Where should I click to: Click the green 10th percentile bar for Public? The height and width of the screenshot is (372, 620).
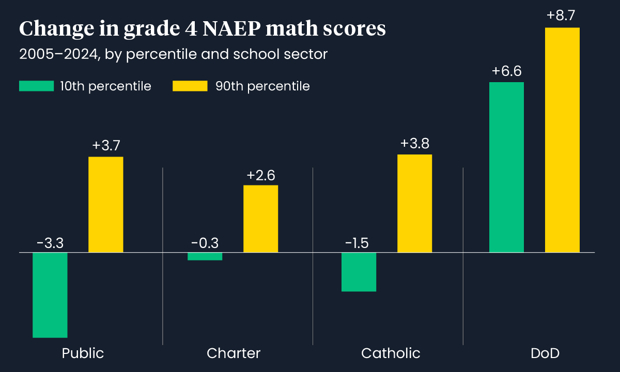[x=50, y=295]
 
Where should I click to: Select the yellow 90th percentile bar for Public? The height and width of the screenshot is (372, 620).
[x=106, y=205]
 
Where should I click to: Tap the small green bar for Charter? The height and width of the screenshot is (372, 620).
[x=205, y=256]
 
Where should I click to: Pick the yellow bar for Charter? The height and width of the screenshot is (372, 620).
[x=260, y=219]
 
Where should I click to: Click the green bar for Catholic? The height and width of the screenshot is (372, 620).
[x=359, y=272]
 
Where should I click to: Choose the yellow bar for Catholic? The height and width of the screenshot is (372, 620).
[x=414, y=203]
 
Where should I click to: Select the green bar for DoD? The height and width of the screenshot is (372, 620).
[x=506, y=167]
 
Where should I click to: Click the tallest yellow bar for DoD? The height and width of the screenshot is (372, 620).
[x=562, y=140]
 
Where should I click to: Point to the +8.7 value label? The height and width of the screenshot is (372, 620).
[x=562, y=16]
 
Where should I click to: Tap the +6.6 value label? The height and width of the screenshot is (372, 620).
[x=506, y=71]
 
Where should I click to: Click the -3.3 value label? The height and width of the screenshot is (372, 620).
[x=50, y=243]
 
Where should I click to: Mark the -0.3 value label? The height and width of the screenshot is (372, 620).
[x=205, y=243]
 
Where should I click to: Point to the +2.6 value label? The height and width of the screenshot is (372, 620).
[x=260, y=176]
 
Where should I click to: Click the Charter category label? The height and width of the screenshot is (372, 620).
[x=234, y=353]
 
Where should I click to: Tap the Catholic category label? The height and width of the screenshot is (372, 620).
[x=391, y=353]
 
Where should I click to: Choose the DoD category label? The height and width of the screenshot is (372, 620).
[x=545, y=353]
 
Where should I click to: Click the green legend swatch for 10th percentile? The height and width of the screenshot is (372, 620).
[x=36, y=86]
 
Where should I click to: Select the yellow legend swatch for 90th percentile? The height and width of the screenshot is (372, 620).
[x=190, y=86]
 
